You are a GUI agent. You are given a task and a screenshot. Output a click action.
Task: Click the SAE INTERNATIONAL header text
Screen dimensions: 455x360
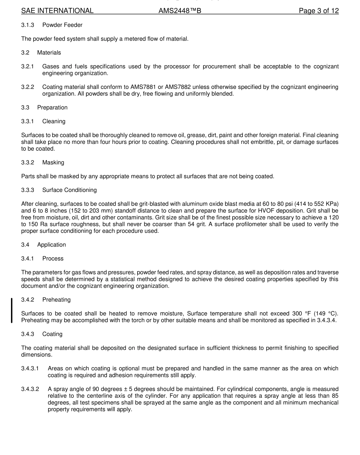pyautogui.click(x=57, y=11)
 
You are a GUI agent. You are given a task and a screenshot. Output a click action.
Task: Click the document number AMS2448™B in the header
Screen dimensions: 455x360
pyautogui.click(x=180, y=11)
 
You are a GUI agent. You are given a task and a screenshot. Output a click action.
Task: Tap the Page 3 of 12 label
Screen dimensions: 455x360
pyautogui.click(x=318, y=11)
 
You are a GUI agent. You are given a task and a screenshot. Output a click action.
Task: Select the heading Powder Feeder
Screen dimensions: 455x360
pyautogui.click(x=62, y=25)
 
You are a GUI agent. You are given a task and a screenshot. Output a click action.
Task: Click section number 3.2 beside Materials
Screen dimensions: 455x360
pyautogui.click(x=25, y=53)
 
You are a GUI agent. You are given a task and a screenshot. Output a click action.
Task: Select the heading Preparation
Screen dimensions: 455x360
pyautogui.click(x=52, y=108)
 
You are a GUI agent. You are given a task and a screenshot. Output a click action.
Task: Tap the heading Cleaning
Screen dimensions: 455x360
pyautogui.click(x=54, y=121)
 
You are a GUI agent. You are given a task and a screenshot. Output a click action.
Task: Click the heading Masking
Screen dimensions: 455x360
pyautogui.click(x=53, y=162)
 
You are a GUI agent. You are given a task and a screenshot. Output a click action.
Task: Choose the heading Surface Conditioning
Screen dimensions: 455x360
pyautogui.click(x=69, y=190)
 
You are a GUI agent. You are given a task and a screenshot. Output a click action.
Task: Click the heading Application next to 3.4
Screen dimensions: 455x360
pyautogui.click(x=52, y=245)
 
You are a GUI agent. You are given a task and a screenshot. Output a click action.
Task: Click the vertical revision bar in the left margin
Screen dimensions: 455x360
pyautogui.click(x=12, y=310)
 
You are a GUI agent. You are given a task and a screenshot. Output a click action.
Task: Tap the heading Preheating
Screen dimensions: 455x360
pyautogui.click(x=56, y=300)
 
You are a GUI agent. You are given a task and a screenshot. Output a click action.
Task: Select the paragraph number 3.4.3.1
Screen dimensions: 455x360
pyautogui.click(x=30, y=368)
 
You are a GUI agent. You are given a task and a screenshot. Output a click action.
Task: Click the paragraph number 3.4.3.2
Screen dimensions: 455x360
pyautogui.click(x=30, y=389)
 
